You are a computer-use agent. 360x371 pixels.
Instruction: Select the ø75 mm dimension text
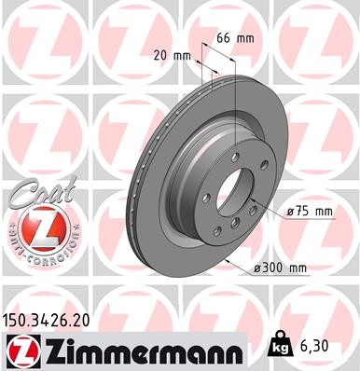click(x=309, y=212)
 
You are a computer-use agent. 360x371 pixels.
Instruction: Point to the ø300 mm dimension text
click(x=281, y=269)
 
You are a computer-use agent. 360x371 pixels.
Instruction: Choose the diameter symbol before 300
click(x=258, y=269)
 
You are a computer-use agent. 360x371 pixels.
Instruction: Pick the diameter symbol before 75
click(x=291, y=212)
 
